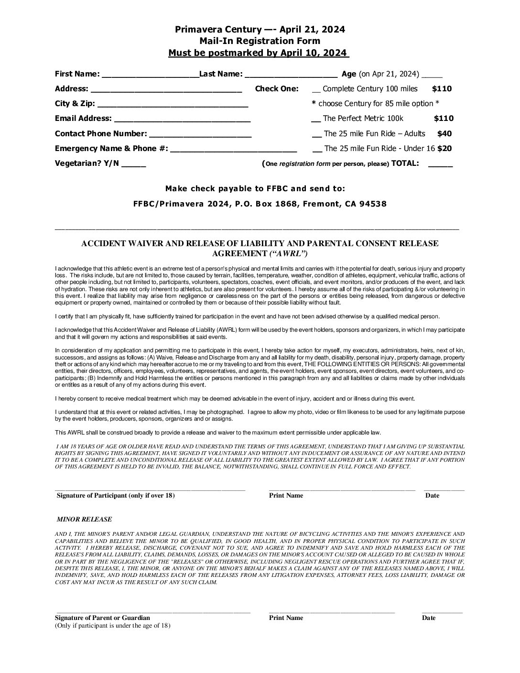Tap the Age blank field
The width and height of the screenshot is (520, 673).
(432, 76)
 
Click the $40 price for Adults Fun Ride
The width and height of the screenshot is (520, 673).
(444, 134)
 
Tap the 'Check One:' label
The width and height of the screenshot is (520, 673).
(277, 89)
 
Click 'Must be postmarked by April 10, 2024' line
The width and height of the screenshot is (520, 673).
(259, 53)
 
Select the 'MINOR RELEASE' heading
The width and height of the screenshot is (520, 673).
(84, 519)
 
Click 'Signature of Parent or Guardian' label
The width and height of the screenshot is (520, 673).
(102, 618)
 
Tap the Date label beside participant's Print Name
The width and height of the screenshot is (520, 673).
(432, 496)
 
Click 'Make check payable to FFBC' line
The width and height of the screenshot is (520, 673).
(255, 188)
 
